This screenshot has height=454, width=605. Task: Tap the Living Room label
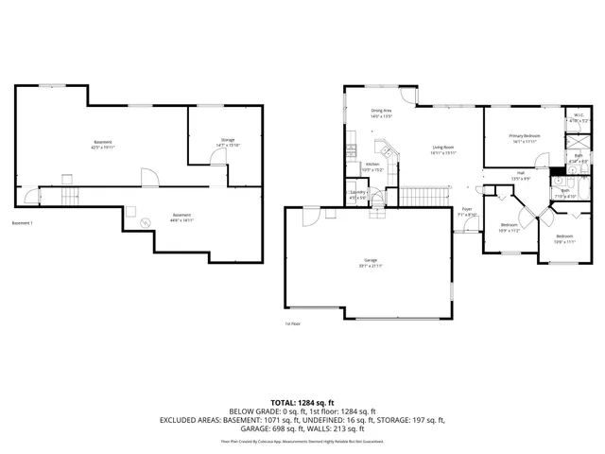pyautogui.click(x=444, y=148)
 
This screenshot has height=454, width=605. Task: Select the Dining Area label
pyautogui.click(x=381, y=112)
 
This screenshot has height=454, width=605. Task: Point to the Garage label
pyautogui.click(x=371, y=260)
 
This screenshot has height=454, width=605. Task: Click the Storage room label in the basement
pyautogui.click(x=228, y=140)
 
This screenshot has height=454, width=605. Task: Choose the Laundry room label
pyautogui.click(x=357, y=193)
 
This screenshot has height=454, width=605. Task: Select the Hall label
pyautogui.click(x=520, y=172)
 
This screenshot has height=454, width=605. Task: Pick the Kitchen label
pyautogui.click(x=373, y=164)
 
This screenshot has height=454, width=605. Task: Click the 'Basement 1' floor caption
pyautogui.click(x=22, y=223)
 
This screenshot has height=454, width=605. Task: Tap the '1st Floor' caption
pyautogui.click(x=293, y=324)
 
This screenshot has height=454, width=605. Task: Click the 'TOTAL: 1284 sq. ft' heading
pyautogui.click(x=302, y=402)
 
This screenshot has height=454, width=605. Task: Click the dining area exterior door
pyautogui.click(x=407, y=96)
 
